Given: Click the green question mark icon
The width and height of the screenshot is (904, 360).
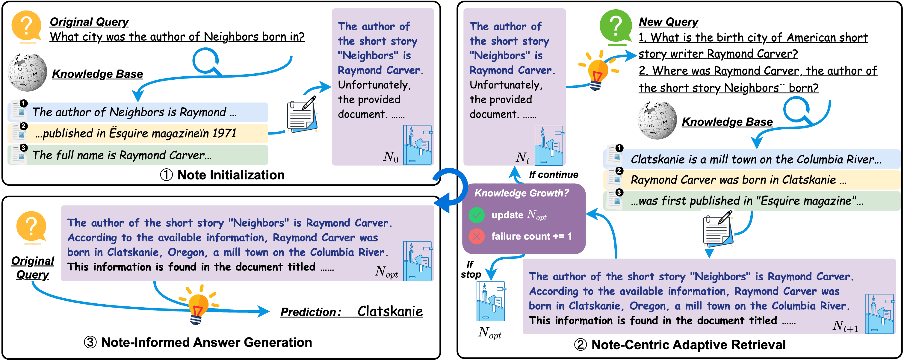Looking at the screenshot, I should tap(616, 26).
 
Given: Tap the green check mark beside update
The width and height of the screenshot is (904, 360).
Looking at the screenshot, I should tap(477, 215).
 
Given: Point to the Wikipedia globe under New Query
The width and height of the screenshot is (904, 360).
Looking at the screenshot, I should tap(657, 120).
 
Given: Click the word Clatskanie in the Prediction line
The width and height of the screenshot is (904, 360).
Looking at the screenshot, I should tap(390, 311).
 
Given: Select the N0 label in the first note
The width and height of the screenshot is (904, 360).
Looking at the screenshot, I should tap(391, 157).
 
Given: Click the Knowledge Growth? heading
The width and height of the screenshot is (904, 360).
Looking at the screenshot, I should tap(521, 193).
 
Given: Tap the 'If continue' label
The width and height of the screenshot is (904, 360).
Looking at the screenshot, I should tap(554, 175).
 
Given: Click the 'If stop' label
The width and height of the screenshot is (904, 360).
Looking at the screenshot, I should tap(470, 270).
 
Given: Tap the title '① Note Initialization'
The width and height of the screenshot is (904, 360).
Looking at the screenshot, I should tap(222, 175).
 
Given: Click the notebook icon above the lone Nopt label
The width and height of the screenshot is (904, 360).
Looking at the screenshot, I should tap(490, 301).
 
